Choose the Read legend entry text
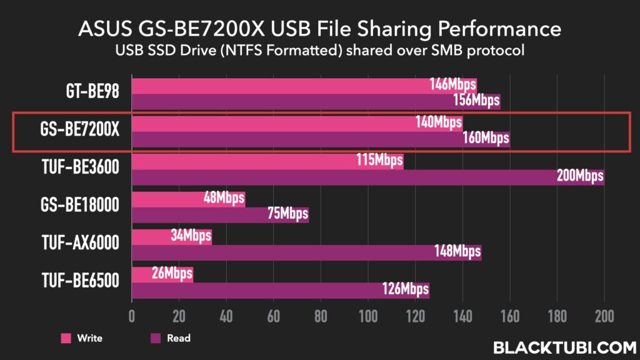(178, 338)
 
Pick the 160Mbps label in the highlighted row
(486, 138)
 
